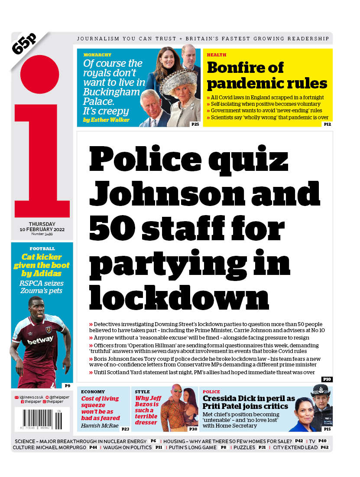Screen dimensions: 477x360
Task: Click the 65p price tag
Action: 25,44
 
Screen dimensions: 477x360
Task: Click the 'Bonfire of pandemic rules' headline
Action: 266,75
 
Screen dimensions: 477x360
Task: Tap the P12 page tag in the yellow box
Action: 327,124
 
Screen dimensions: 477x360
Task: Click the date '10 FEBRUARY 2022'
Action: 42,229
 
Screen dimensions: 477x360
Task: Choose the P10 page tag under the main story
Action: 327,379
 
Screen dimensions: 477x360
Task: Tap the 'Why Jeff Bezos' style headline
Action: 147,410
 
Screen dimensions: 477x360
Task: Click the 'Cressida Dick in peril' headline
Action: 248,402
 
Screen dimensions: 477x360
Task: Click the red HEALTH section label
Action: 216,55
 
